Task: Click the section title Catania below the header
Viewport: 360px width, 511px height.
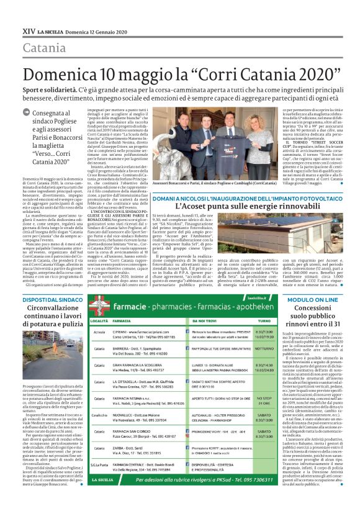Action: coord(45,48)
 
